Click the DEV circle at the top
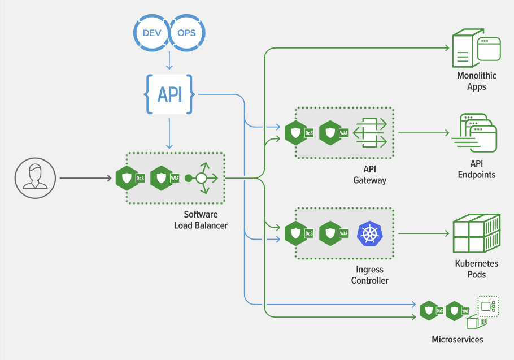pos(152,33)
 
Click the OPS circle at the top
pos(186,33)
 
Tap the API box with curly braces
pos(169,94)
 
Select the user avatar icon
pos(35,178)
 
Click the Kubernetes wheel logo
pos(370,233)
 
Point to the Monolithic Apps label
pos(476,81)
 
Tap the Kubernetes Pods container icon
pos(477,233)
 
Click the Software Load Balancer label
pos(201,220)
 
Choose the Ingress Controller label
pos(370,275)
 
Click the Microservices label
pos(457,339)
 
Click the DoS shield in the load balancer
pos(127,178)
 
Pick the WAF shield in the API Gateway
pos(330,133)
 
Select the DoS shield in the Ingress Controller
pos(296,233)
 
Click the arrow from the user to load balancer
pos(85,179)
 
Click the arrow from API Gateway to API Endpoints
pos(424,133)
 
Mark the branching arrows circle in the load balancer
pos(201,179)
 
